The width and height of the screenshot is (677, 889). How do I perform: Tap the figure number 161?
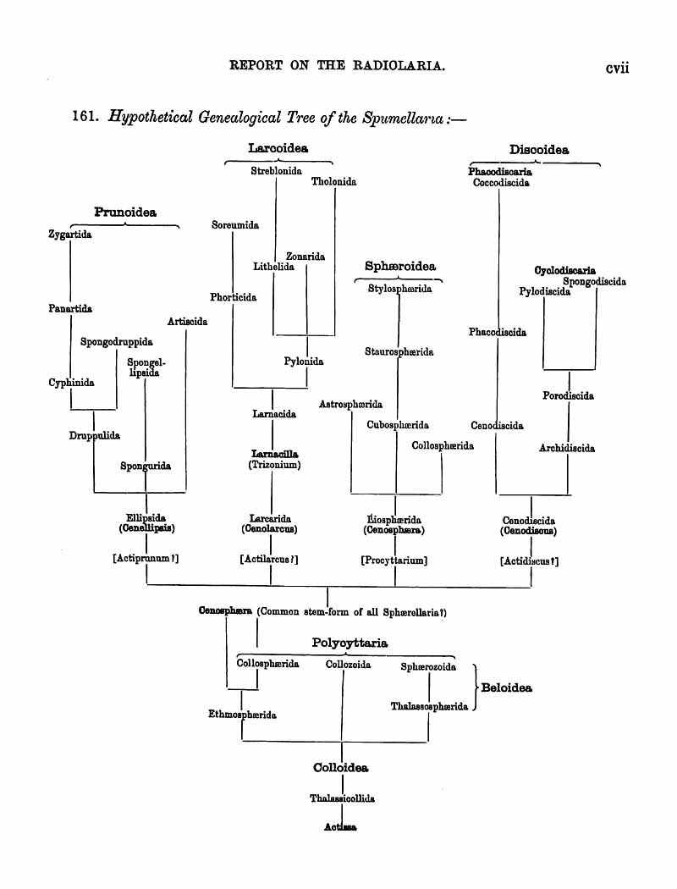tap(84, 119)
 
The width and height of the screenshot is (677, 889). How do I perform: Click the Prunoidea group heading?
tap(125, 212)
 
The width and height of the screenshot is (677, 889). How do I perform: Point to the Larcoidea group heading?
tap(278, 148)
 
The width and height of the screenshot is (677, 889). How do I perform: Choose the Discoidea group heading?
tap(539, 151)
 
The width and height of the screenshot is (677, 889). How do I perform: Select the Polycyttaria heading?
tap(350, 643)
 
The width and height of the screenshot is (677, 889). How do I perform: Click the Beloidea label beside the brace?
tap(506, 688)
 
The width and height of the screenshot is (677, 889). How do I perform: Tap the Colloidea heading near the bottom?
tap(341, 768)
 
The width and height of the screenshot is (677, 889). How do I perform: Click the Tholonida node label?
tap(333, 181)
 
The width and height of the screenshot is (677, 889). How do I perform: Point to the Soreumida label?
tap(235, 225)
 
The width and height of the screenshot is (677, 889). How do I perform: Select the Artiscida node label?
tap(188, 322)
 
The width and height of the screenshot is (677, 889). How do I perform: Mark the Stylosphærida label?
tap(399, 289)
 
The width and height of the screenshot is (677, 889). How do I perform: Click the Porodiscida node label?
tap(568, 395)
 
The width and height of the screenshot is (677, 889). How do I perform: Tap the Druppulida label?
tap(95, 436)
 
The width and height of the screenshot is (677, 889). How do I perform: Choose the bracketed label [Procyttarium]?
tap(394, 560)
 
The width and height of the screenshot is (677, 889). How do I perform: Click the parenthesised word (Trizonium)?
tap(274, 465)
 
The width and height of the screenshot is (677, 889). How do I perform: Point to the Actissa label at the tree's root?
tap(341, 827)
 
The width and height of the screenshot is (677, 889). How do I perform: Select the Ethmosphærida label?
tap(243, 715)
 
